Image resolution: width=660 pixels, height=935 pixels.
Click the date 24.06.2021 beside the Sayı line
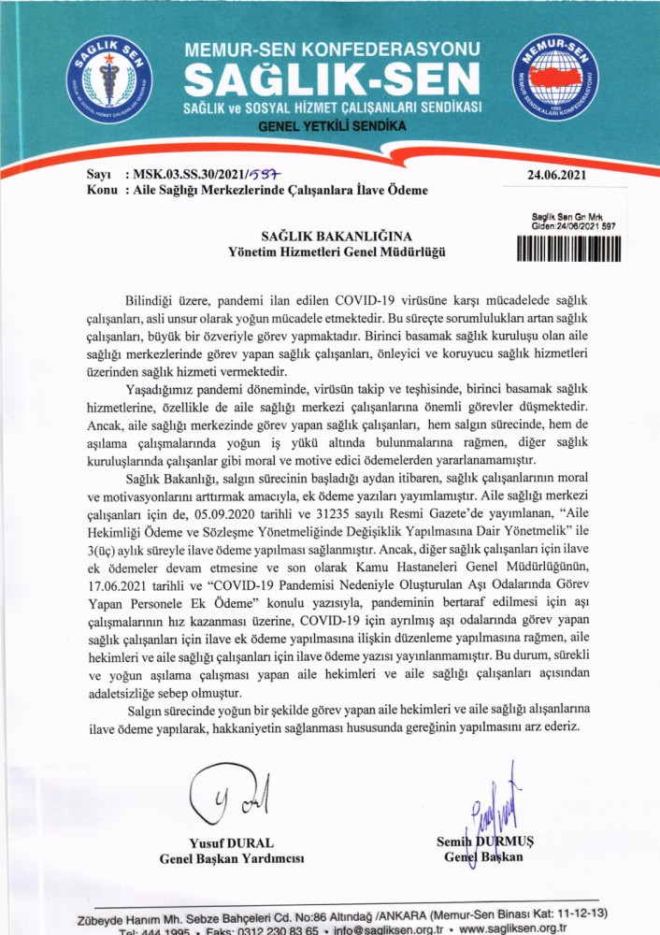558,174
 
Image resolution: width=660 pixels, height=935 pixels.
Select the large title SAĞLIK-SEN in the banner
333,82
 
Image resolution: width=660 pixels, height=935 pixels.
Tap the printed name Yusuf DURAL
233,843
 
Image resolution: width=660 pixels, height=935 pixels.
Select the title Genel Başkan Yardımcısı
233,859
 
